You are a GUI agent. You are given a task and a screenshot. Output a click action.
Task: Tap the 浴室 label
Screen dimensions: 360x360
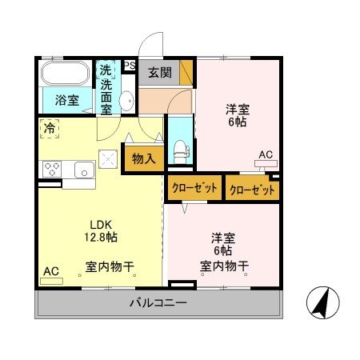pyautogui.click(x=66, y=102)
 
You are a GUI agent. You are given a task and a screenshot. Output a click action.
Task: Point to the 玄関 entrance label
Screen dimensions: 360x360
pyautogui.click(x=159, y=72)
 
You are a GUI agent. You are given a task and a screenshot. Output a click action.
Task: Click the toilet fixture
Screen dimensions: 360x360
pyautogui.click(x=180, y=149)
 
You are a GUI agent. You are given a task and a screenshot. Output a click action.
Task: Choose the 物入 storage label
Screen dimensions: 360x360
pyautogui.click(x=143, y=158)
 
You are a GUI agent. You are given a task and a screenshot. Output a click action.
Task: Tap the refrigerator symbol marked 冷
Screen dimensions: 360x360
pyautogui.click(x=50, y=128)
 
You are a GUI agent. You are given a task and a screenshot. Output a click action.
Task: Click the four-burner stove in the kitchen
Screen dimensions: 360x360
pyautogui.click(x=53, y=169)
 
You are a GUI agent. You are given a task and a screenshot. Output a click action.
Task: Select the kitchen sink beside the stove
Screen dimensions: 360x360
pyautogui.click(x=83, y=169)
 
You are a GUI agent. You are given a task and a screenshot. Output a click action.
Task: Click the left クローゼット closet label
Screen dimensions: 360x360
pyautogui.click(x=194, y=189)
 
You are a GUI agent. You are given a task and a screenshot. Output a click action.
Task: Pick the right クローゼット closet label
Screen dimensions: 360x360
pyautogui.click(x=252, y=190)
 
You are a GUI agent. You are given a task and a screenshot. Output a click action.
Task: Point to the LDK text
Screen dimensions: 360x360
pyautogui.click(x=100, y=224)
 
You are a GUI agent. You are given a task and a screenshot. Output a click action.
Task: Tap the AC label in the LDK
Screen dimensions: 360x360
pyautogui.click(x=50, y=271)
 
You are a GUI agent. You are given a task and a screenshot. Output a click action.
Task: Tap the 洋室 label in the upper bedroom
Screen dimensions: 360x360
pyautogui.click(x=235, y=110)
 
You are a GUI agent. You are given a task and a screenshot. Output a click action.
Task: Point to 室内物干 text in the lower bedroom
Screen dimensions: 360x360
pyautogui.click(x=224, y=266)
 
